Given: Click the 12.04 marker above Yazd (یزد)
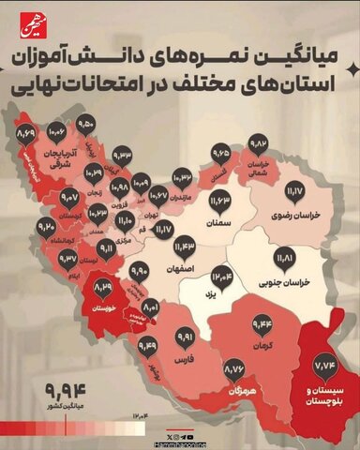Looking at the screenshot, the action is (x=222, y=276).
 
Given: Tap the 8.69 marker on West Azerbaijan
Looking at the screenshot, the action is (x=26, y=138).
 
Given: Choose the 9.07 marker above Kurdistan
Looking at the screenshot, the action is (x=69, y=199).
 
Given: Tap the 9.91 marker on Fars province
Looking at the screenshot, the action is (x=184, y=336).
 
